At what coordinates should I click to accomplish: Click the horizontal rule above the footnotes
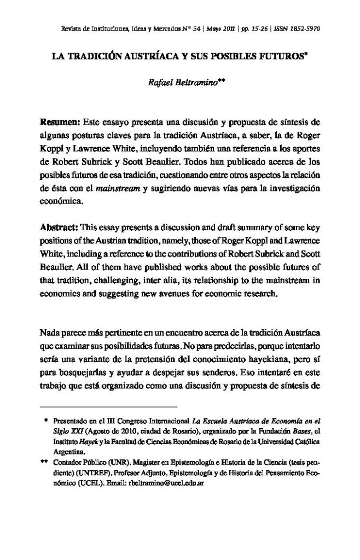(109, 407)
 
